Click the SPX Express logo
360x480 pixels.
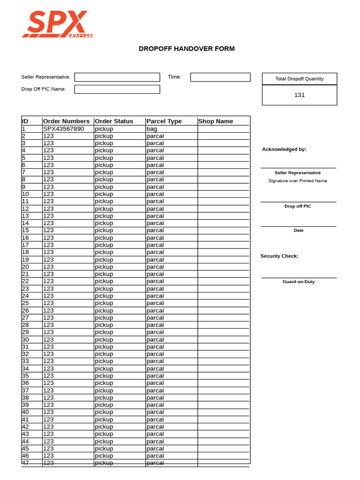(x=57, y=24)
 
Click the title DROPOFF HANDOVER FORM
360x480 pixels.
(x=187, y=49)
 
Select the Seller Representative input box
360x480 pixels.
(x=117, y=77)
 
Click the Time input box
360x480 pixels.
(x=220, y=77)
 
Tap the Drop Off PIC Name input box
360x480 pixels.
(x=117, y=89)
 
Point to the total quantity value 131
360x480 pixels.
(x=299, y=95)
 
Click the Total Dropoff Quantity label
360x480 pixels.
(x=299, y=79)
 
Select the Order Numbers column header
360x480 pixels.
(x=66, y=121)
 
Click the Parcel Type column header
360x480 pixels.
(x=164, y=121)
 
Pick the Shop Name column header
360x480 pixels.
(x=216, y=121)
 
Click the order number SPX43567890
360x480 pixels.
(x=63, y=128)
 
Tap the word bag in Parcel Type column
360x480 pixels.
(x=152, y=128)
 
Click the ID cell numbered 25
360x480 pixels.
(x=25, y=303)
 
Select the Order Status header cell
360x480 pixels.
(x=114, y=121)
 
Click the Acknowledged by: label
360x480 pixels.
(x=284, y=149)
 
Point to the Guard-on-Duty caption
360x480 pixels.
(x=299, y=282)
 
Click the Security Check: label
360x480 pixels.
(x=279, y=256)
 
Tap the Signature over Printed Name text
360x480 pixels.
(x=298, y=181)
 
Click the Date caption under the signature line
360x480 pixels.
(x=299, y=230)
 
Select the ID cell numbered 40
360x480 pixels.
(x=25, y=412)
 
